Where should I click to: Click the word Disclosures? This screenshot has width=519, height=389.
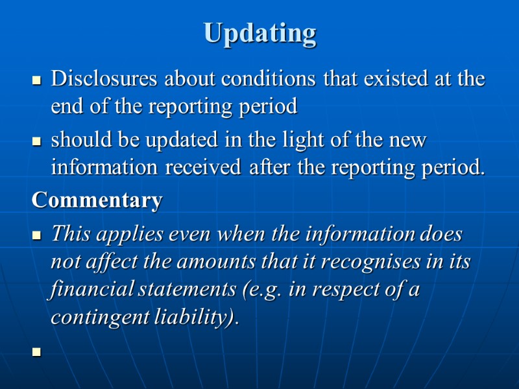coord(105,79)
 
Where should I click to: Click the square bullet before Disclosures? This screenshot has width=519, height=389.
coord(37,82)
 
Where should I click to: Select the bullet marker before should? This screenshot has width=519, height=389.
coord(37,142)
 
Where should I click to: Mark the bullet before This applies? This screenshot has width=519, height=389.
coord(37,235)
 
